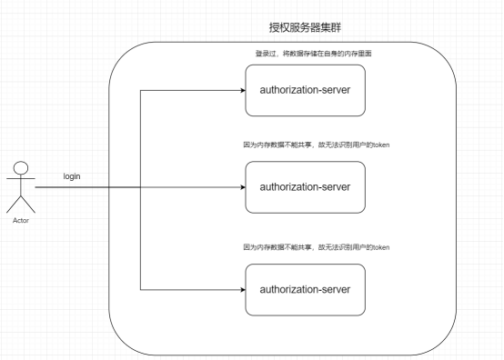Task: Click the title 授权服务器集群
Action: [x=305, y=27]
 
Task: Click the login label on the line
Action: [x=72, y=176]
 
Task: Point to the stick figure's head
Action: [x=21, y=168]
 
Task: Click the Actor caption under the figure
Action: [x=21, y=220]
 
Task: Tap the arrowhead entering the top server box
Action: [x=243, y=90]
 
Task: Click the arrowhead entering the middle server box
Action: [x=243, y=187]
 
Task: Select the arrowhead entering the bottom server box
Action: [x=243, y=290]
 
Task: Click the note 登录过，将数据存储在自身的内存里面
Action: [x=313, y=54]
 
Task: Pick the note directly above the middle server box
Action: [x=317, y=145]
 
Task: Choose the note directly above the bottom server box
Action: [x=317, y=247]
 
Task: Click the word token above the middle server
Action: [x=381, y=145]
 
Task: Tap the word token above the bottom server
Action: [x=381, y=247]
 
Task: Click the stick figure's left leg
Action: [x=14, y=205]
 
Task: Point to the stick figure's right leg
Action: [x=28, y=205]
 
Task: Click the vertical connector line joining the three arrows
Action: [x=140, y=190]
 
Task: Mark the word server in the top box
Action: [x=337, y=90]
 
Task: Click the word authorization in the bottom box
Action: [x=289, y=290]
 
